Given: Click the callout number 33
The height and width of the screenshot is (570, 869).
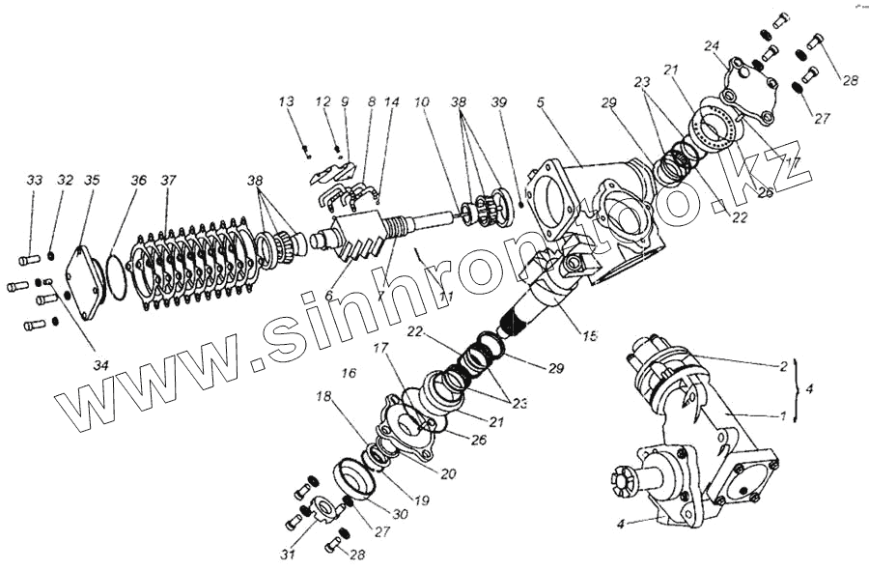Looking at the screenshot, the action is [35, 181].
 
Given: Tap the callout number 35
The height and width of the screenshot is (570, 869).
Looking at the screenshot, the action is [92, 181].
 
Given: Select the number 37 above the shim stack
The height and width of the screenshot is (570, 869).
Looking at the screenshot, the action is [169, 181].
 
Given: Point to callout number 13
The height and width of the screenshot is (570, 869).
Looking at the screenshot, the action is [285, 100].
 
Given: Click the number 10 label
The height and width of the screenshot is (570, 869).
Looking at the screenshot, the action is [422, 100].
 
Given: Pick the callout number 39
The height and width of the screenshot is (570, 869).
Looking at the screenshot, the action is [498, 100].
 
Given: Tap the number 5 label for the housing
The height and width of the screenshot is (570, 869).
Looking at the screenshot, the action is [541, 100].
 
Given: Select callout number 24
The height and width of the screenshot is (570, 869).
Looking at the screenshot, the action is [712, 45].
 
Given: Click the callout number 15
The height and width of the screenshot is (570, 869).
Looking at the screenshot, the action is [590, 335].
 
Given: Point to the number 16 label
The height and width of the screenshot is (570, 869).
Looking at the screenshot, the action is [349, 372].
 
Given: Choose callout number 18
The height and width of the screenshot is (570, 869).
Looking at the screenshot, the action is [322, 398].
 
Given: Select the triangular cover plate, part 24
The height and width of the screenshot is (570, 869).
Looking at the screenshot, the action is [752, 87].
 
